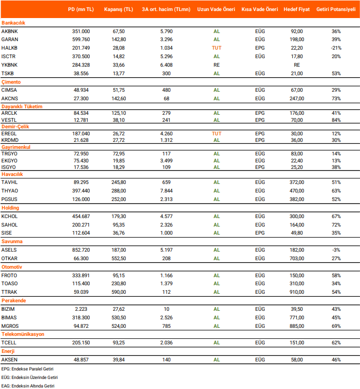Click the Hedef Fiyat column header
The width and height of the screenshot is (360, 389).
(296, 10)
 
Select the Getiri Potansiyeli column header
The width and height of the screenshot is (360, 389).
(335, 10)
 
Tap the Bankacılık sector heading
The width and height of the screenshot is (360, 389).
(14, 23)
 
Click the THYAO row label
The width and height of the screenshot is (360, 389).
(10, 191)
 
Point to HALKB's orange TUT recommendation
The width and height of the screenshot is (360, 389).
(217, 48)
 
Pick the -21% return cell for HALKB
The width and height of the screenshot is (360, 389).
(336, 48)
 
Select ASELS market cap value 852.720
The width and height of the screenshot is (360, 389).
(81, 250)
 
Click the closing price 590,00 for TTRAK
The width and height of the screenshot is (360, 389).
(119, 292)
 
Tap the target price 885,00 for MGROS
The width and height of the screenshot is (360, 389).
(297, 326)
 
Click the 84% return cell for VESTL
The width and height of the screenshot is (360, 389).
(336, 120)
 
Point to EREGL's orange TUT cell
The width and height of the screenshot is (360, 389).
(217, 134)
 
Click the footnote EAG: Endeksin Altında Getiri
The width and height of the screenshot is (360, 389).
(28, 385)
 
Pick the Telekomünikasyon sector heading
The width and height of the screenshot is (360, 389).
(23, 334)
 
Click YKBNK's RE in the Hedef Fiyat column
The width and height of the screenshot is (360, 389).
(297, 65)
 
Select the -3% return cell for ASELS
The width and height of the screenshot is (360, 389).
(336, 250)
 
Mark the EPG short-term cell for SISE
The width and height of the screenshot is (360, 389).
(260, 233)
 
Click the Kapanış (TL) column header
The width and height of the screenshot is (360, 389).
(119, 10)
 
